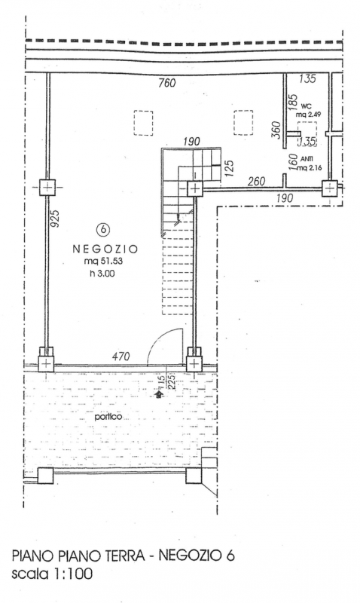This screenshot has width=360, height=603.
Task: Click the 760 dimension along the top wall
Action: (x=166, y=83)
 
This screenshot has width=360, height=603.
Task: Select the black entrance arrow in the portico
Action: (x=158, y=393)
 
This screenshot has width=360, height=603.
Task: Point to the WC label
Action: (x=307, y=106)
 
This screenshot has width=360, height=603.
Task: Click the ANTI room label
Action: (x=306, y=159)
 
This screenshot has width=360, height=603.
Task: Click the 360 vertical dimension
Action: (x=276, y=129)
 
